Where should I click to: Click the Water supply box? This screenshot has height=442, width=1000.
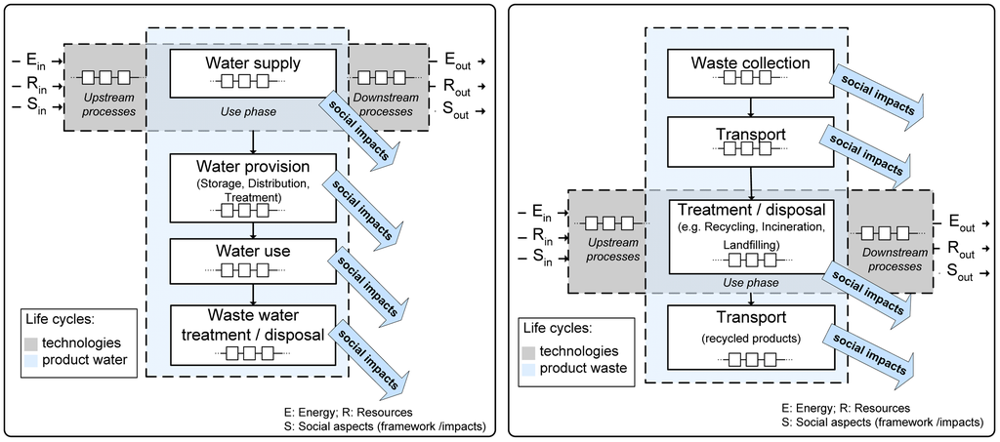point(253,73)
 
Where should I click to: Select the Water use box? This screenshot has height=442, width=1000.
point(253,261)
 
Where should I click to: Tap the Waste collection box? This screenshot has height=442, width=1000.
point(751,72)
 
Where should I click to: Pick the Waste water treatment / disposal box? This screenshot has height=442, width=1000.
point(253,335)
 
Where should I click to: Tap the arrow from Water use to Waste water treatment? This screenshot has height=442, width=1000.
point(253,295)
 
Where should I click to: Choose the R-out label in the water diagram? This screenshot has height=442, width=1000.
point(456,87)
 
